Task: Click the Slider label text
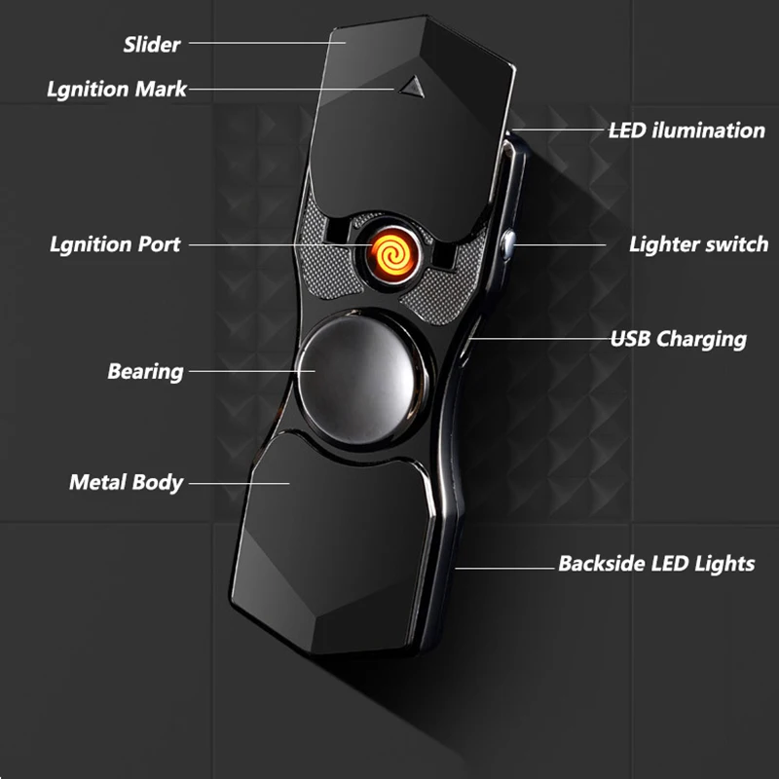[151, 45]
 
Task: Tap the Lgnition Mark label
[117, 90]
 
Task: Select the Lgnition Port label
[115, 243]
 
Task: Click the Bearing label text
[145, 371]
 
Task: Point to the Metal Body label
[126, 482]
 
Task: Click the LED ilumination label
[686, 130]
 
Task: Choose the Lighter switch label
[698, 243]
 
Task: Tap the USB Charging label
[678, 339]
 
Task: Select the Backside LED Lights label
[655, 563]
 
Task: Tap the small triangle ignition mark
[410, 85]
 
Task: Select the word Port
[159, 243]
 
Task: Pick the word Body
[159, 482]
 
